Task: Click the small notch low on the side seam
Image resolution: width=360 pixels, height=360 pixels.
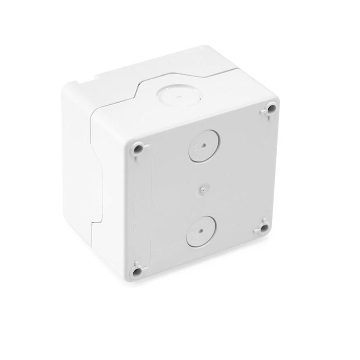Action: tap(94, 222)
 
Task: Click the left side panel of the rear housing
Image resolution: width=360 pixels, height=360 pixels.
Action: tap(74, 148)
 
